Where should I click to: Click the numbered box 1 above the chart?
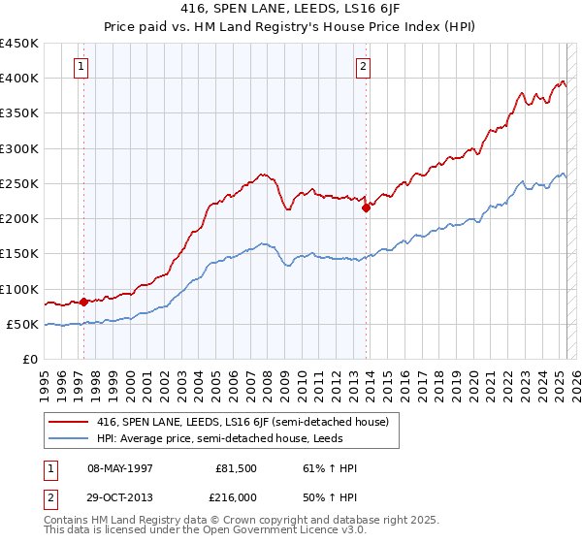pyautogui.click(x=80, y=67)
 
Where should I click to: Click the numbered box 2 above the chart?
pyautogui.click(x=363, y=67)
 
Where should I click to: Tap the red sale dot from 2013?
pyautogui.click(x=366, y=207)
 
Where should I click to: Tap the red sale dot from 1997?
pyautogui.click(x=83, y=302)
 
